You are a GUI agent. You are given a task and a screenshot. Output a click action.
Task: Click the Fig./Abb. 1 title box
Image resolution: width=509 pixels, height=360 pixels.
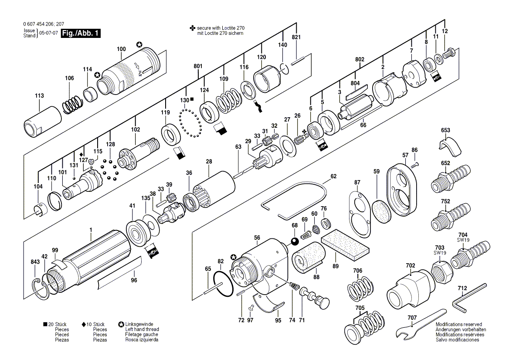tap(81, 33)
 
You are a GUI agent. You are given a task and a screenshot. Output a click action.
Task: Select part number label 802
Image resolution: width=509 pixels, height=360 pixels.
tap(360, 58)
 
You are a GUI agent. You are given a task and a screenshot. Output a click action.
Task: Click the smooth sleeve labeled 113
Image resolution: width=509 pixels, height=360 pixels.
tap(42, 121)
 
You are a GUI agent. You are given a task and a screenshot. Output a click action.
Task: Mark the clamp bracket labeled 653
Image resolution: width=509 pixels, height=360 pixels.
tap(448, 147)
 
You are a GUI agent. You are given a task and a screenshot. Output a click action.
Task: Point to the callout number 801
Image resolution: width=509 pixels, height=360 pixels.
tap(198, 66)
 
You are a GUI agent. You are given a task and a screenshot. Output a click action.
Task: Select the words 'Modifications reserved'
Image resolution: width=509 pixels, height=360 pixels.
tap(458, 325)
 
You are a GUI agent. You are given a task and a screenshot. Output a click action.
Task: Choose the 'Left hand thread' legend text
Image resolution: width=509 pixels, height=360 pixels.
tap(142, 329)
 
